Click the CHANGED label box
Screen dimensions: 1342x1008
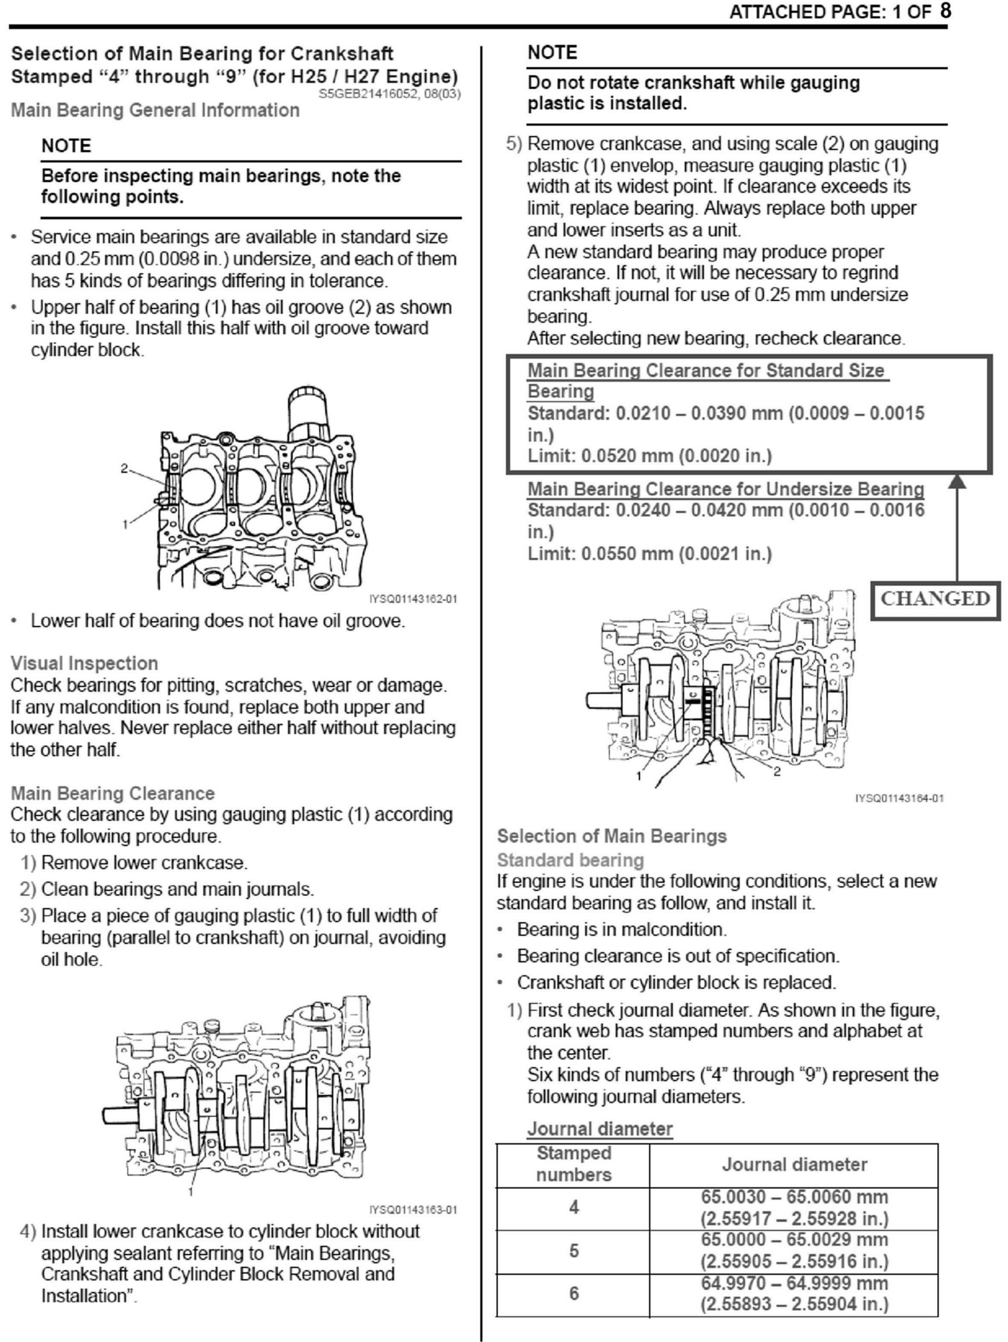(935, 599)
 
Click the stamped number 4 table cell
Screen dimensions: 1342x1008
(573, 1207)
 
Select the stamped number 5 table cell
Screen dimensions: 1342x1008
(573, 1251)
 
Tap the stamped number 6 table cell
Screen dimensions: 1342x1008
(573, 1293)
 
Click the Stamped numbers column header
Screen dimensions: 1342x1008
(573, 1164)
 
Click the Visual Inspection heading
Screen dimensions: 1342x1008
(84, 663)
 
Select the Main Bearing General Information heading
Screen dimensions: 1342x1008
(155, 110)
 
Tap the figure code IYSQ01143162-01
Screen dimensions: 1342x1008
(413, 599)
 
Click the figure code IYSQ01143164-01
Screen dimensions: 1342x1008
(899, 799)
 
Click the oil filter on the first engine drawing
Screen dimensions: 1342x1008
(308, 412)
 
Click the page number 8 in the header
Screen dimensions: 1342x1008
(946, 11)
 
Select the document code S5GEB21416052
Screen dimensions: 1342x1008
(370, 94)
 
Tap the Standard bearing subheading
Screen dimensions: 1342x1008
(570, 860)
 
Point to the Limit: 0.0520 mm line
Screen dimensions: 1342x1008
(649, 456)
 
